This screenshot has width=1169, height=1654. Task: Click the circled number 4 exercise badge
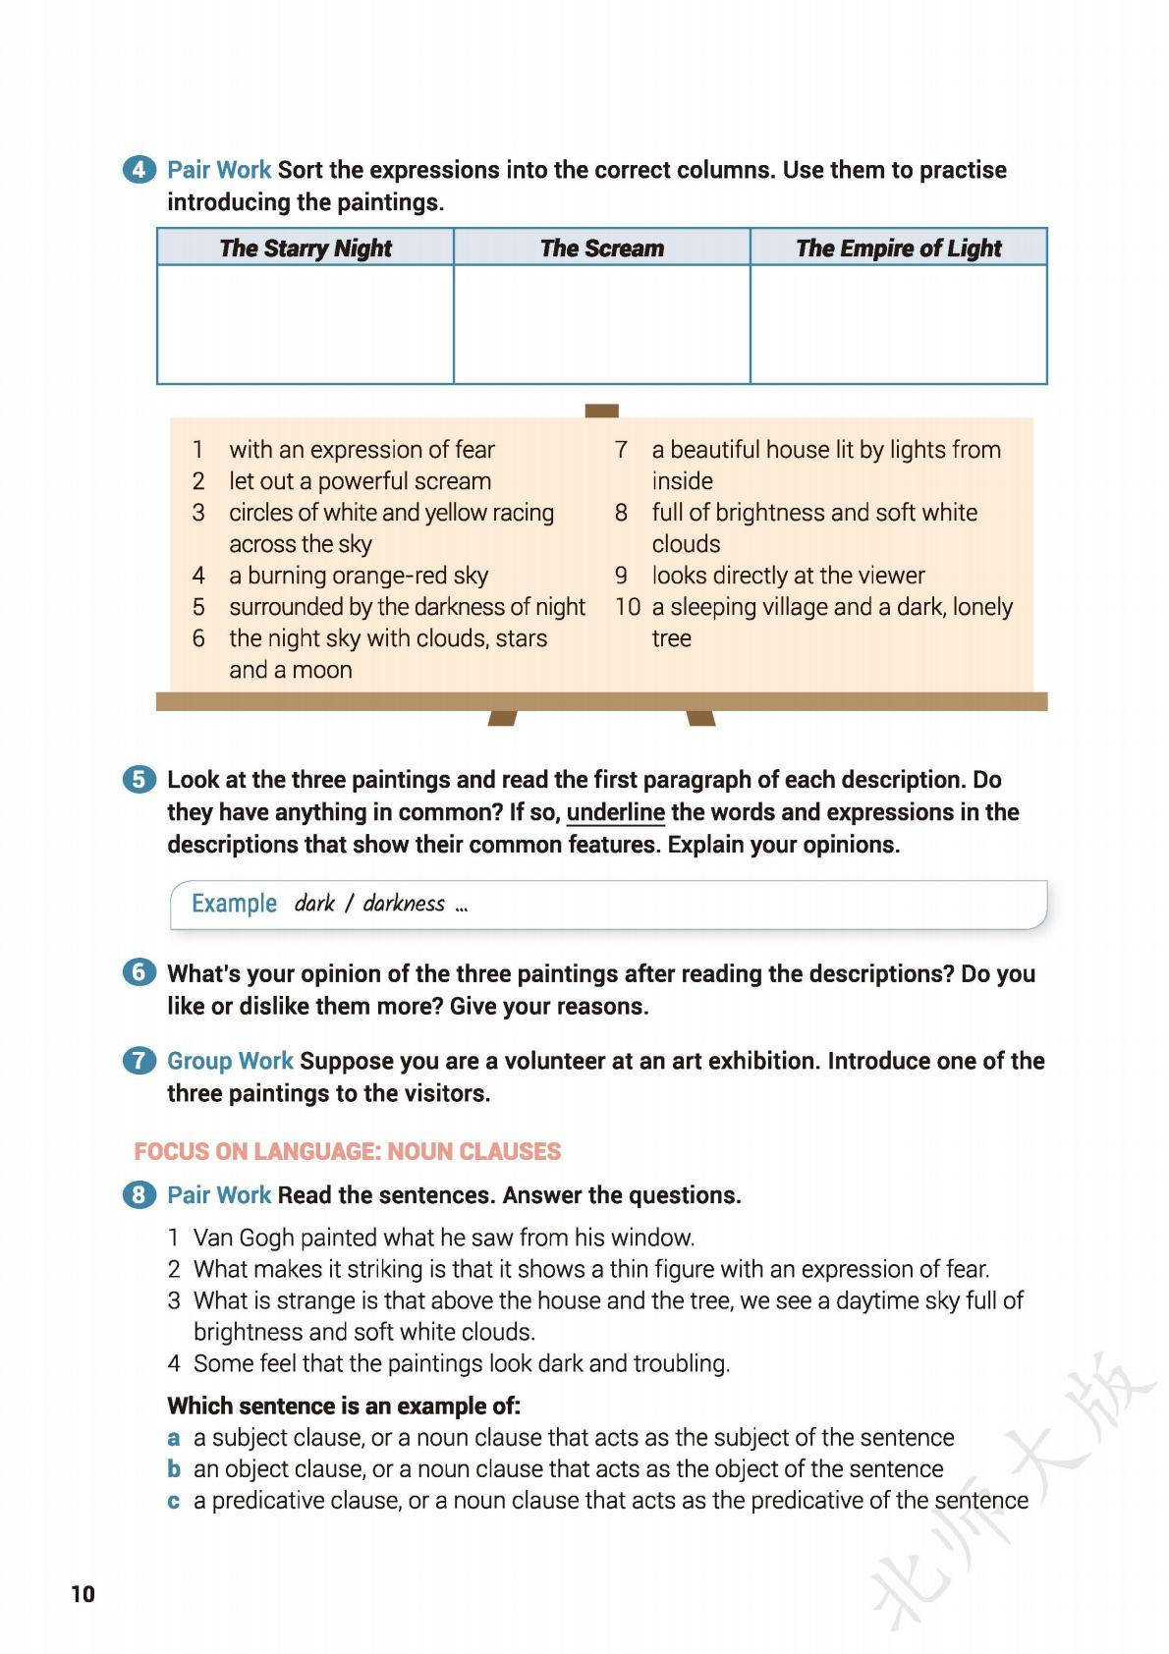coord(139,170)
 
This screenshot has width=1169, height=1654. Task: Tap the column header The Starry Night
coord(306,248)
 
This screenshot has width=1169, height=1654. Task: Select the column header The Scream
coord(601,248)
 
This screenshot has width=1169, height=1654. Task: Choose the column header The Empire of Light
coord(898,248)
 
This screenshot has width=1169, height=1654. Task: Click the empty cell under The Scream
coord(601,324)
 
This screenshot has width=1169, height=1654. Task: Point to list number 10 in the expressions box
coord(628,607)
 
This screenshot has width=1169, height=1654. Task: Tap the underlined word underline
coord(615,812)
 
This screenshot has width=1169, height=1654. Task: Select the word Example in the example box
coord(234,904)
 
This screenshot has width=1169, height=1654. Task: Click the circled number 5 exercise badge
coord(139,780)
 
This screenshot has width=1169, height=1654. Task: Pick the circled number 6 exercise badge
coord(139,973)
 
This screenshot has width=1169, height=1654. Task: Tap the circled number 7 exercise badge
coord(139,1061)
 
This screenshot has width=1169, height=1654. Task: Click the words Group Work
coord(230,1061)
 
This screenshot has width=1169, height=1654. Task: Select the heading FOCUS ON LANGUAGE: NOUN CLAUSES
coord(348,1151)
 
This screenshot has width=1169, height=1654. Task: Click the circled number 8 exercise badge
coord(139,1195)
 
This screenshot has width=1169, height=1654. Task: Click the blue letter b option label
coord(174,1469)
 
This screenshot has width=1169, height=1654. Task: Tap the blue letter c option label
coord(174,1501)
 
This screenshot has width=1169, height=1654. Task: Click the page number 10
coord(83,1593)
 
